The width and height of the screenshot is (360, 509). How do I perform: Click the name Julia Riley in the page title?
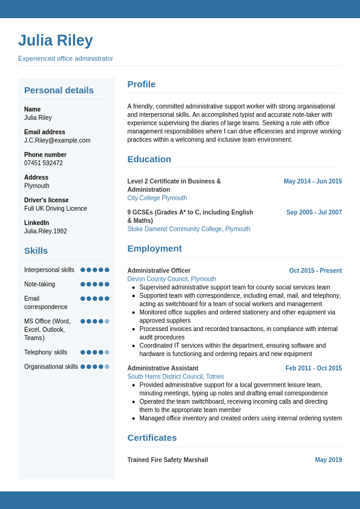56,41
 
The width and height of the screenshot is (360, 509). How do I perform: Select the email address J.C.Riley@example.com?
57,140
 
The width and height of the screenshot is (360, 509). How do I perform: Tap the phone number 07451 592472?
44,163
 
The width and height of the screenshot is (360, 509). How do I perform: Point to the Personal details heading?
59,90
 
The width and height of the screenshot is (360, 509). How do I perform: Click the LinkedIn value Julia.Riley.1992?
45,231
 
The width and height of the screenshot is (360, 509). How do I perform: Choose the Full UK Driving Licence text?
56,208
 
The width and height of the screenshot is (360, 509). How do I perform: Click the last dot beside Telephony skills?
107,352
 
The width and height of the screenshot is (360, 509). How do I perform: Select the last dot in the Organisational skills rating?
107,367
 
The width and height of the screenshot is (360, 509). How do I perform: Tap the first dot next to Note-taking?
83,284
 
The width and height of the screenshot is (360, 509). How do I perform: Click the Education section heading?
149,159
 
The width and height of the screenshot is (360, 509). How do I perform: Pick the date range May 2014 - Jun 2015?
313,182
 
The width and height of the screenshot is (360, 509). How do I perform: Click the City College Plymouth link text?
157,198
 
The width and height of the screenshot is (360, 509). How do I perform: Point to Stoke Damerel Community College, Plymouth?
189,229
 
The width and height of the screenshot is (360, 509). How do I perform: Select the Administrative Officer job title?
159,271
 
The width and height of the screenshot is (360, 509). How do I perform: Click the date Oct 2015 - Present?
315,271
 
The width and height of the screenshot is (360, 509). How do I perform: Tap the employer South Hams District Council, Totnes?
175,376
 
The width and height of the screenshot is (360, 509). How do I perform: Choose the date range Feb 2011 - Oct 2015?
313,368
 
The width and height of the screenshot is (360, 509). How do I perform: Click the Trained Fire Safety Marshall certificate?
168,460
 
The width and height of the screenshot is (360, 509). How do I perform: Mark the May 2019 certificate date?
329,460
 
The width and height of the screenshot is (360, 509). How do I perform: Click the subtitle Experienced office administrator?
65,59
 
